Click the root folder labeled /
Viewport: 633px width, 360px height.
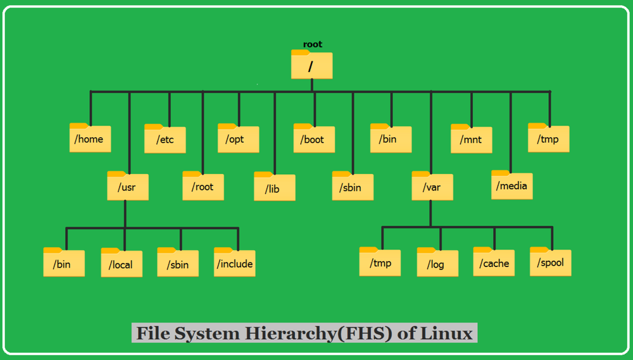(x=311, y=65)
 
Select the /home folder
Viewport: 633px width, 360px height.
(x=90, y=139)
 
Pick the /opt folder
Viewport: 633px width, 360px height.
(x=239, y=139)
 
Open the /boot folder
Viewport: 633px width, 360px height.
(x=314, y=139)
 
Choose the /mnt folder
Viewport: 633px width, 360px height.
(x=471, y=139)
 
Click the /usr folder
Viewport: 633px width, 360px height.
(x=128, y=187)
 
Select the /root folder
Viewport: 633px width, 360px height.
(x=203, y=187)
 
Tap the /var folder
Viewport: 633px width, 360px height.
(x=432, y=187)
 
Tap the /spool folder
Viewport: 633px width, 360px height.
(x=550, y=262)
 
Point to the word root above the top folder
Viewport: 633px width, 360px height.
(x=313, y=44)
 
